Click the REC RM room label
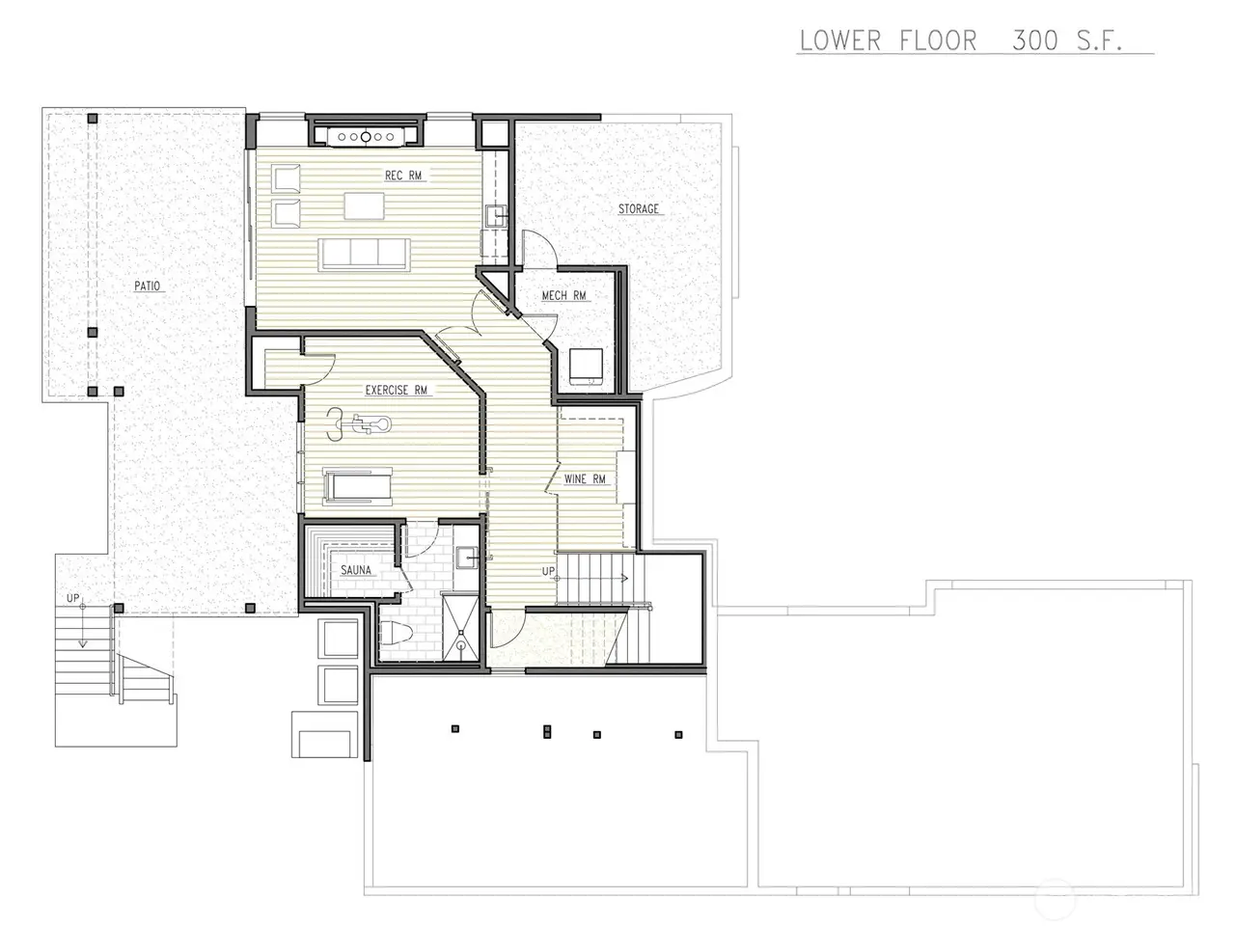click(x=403, y=176)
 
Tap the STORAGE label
click(x=638, y=208)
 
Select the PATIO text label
click(x=147, y=286)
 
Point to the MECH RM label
click(x=563, y=295)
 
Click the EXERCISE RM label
click(x=397, y=390)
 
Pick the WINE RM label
click(x=585, y=479)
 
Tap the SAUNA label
click(x=356, y=570)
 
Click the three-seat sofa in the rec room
click(x=364, y=254)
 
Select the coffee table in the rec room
click(x=364, y=205)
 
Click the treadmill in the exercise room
click(x=357, y=486)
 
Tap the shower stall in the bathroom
click(x=460, y=628)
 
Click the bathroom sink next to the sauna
click(x=467, y=558)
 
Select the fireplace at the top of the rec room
click(x=366, y=137)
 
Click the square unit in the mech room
click(x=586, y=366)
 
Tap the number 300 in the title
click(x=1034, y=41)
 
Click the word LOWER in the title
click(x=840, y=41)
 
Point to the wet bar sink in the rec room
click(x=496, y=216)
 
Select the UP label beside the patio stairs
click(x=72, y=598)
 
